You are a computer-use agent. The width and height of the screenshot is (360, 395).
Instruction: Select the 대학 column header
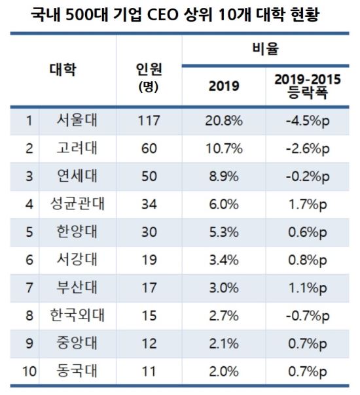click(x=63, y=69)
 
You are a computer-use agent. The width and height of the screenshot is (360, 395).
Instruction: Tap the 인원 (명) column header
click(x=149, y=77)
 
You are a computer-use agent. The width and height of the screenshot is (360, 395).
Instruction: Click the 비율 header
click(x=266, y=48)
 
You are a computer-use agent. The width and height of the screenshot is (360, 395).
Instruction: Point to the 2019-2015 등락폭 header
click(x=308, y=86)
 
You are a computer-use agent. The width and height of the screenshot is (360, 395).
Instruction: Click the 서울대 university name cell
click(x=77, y=120)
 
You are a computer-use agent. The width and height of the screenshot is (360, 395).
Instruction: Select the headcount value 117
click(x=149, y=121)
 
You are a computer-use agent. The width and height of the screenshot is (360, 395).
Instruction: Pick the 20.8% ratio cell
click(x=224, y=121)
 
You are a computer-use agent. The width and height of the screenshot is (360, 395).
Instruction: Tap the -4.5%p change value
click(x=308, y=121)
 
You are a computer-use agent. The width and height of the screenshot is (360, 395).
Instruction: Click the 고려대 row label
click(x=77, y=148)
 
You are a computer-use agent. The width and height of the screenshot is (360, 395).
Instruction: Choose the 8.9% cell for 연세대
click(x=224, y=176)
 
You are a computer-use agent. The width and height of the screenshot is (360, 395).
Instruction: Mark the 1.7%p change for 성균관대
click(x=308, y=205)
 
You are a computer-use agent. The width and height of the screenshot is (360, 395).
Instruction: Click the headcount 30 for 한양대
click(x=149, y=232)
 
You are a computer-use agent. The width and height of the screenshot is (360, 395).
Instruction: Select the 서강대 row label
click(x=77, y=259)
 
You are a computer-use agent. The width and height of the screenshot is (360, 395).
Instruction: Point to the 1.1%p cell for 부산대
click(x=308, y=288)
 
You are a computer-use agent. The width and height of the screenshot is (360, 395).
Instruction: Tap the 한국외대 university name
click(x=77, y=315)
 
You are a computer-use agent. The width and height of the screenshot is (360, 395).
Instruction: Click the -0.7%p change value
click(x=308, y=316)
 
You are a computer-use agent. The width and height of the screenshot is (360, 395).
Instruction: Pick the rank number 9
click(x=29, y=343)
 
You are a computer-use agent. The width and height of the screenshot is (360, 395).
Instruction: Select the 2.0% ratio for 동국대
click(x=224, y=371)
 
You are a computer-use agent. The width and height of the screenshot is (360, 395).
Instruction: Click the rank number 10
click(x=29, y=371)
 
